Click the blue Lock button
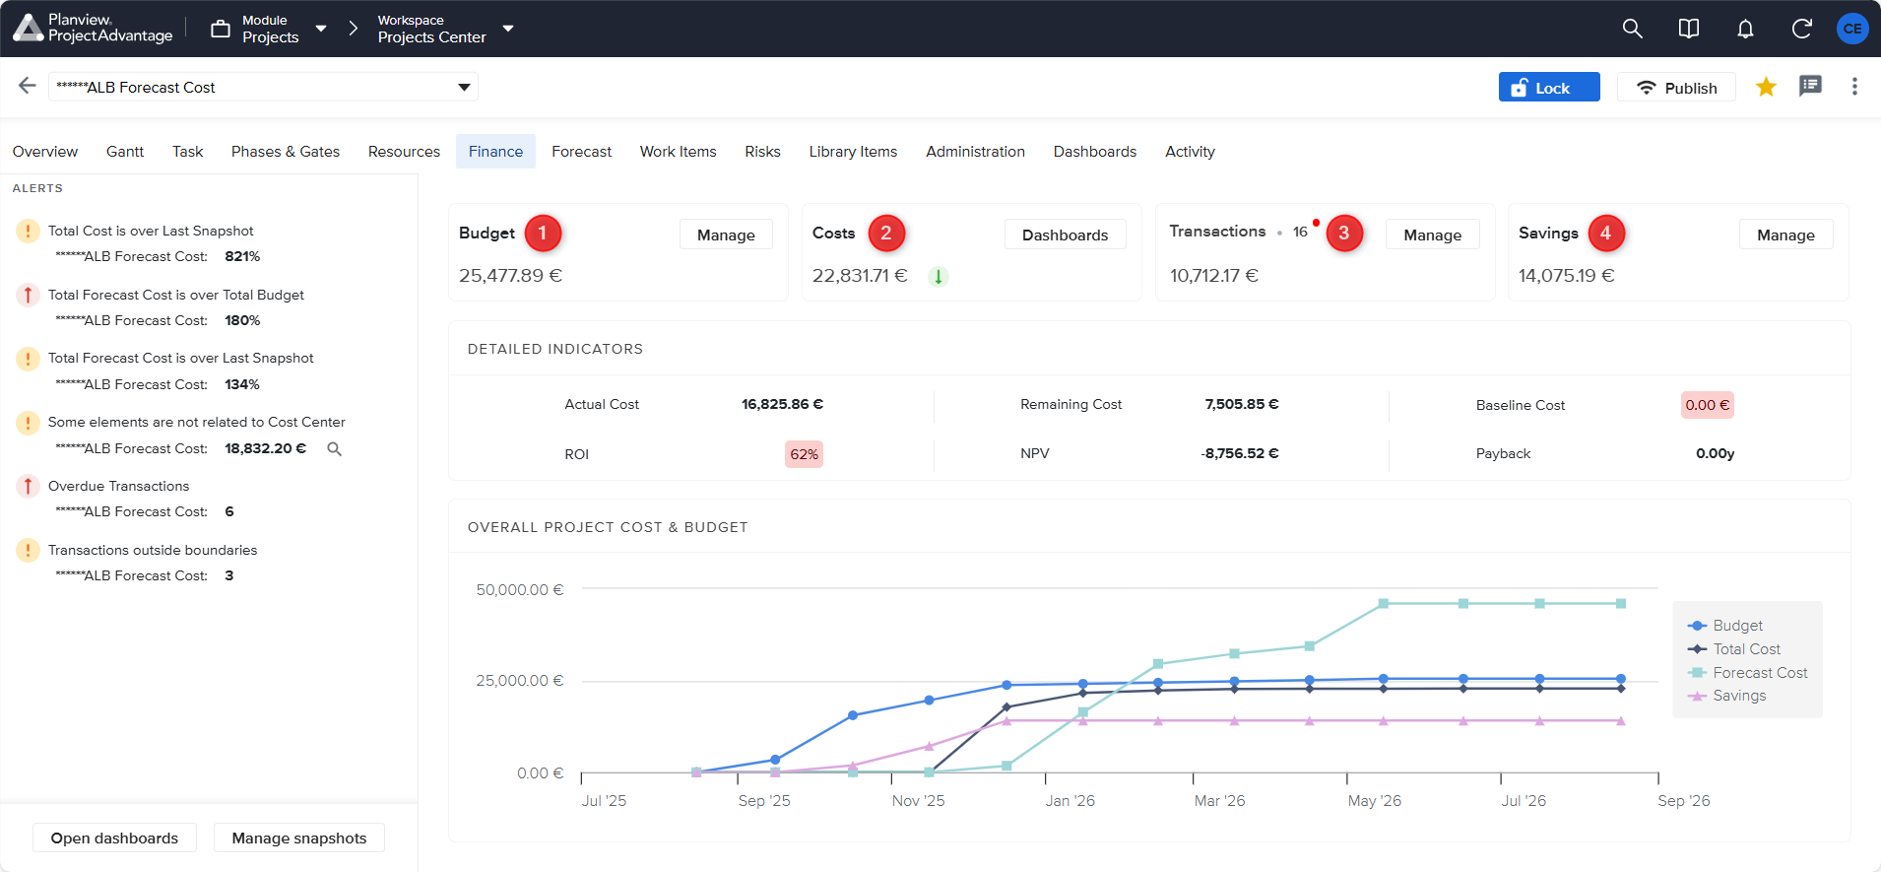pos(1548,88)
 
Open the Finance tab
pos(495,152)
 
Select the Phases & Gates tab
pos(285,152)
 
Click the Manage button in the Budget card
pos(726,235)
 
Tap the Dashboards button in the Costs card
pos(1065,235)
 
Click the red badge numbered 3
pos(1343,234)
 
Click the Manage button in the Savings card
pos(1784,235)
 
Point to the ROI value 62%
pos(804,454)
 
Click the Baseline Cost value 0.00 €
pos(1707,405)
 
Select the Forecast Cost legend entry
pos(1760,673)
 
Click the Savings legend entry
pos(1739,696)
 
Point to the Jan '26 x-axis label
pos(1070,801)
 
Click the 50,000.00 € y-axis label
pos(519,590)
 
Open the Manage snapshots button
pos(298,838)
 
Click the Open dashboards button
pos(114,838)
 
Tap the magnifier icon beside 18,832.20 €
pos(335,449)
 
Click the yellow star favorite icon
pos(1766,87)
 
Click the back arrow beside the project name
pos(28,86)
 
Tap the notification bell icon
pos(1745,29)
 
